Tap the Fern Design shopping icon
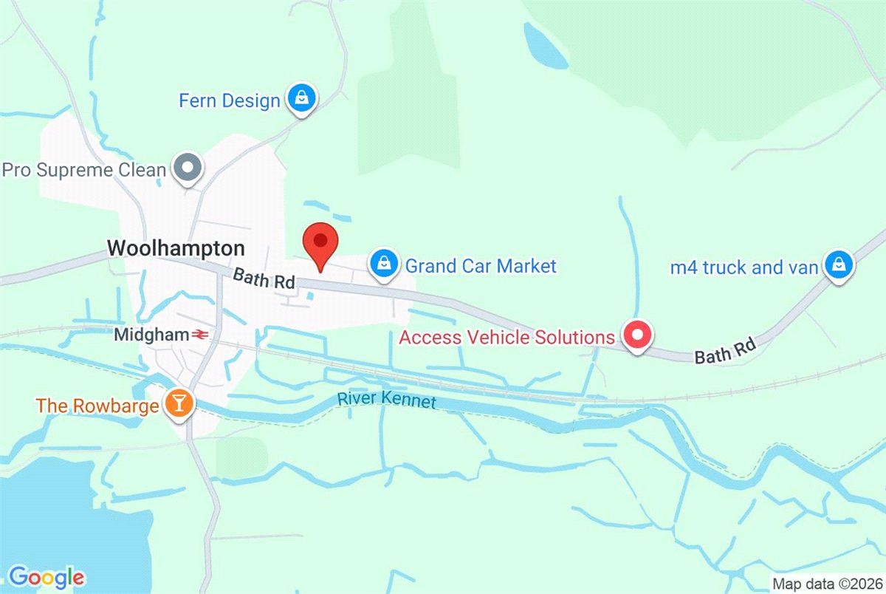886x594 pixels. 301,99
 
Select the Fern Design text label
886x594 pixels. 230,100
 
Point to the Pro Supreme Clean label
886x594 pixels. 83,170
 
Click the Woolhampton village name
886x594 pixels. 176,247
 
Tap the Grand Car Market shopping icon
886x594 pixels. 383,264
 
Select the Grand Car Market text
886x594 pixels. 481,265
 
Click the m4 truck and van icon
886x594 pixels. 837,264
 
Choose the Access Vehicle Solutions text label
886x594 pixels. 506,338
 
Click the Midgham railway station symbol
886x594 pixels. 199,335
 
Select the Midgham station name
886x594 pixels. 151,335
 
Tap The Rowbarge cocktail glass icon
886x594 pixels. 179,403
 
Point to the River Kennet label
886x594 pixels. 387,401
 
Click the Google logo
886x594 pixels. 46,576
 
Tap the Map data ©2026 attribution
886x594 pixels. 826,583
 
